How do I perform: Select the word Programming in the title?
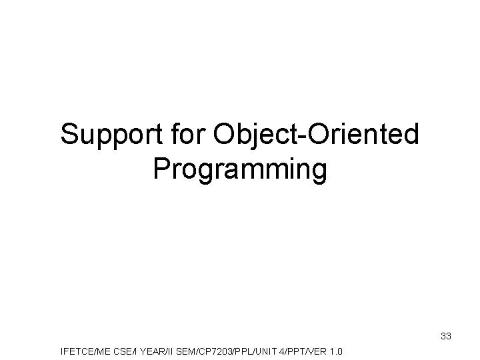pos(240,170)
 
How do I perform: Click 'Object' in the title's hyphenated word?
pos(256,135)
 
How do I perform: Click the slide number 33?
pos(446,337)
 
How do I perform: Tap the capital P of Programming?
pos(162,170)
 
